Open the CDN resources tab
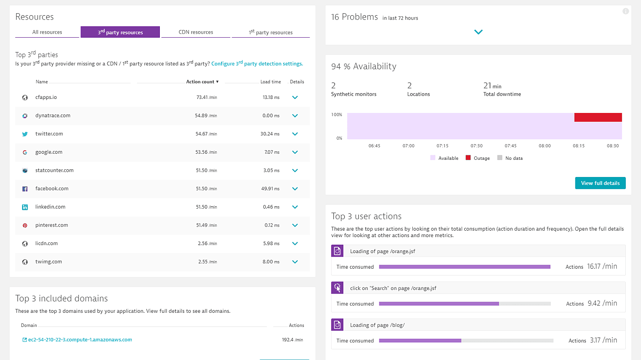point(196,32)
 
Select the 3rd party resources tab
point(120,32)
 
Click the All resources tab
point(47,32)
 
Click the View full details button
point(600,183)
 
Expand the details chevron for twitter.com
point(295,134)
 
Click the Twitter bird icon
point(25,134)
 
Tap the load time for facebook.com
point(270,189)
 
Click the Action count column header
point(202,82)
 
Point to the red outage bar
point(598,117)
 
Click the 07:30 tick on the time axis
point(476,146)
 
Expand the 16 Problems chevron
point(478,32)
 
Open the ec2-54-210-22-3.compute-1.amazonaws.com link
point(80,340)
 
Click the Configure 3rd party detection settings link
point(257,64)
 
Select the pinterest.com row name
point(52,225)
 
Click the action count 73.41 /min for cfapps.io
point(206,97)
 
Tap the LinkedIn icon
point(25,207)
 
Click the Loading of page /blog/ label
point(377,325)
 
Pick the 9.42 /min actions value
point(602,303)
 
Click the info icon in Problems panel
point(625,11)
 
